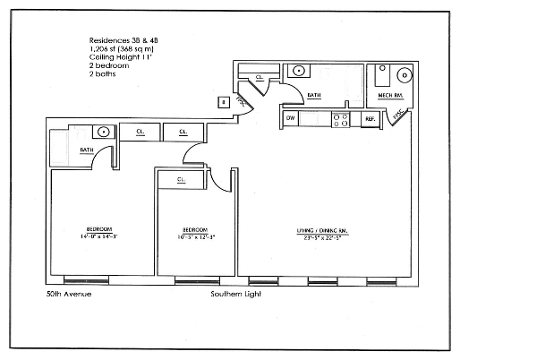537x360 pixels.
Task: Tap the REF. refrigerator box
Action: [369, 118]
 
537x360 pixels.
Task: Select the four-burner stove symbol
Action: [340, 118]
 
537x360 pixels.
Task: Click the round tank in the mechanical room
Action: [404, 75]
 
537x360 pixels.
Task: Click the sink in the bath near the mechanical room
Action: [298, 73]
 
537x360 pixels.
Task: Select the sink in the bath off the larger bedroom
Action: [104, 133]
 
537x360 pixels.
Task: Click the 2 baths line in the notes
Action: [103, 73]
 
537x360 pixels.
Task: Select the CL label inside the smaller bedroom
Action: [181, 179]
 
